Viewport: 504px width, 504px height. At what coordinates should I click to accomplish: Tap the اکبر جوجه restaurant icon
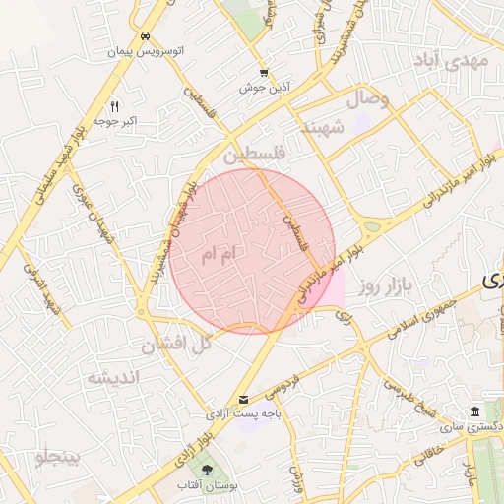click(114, 106)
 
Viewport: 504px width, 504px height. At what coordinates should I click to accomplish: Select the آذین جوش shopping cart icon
click(263, 73)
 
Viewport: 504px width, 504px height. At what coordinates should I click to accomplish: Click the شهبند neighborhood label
click(322, 128)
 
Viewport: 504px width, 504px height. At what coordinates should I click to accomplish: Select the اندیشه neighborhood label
click(114, 377)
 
